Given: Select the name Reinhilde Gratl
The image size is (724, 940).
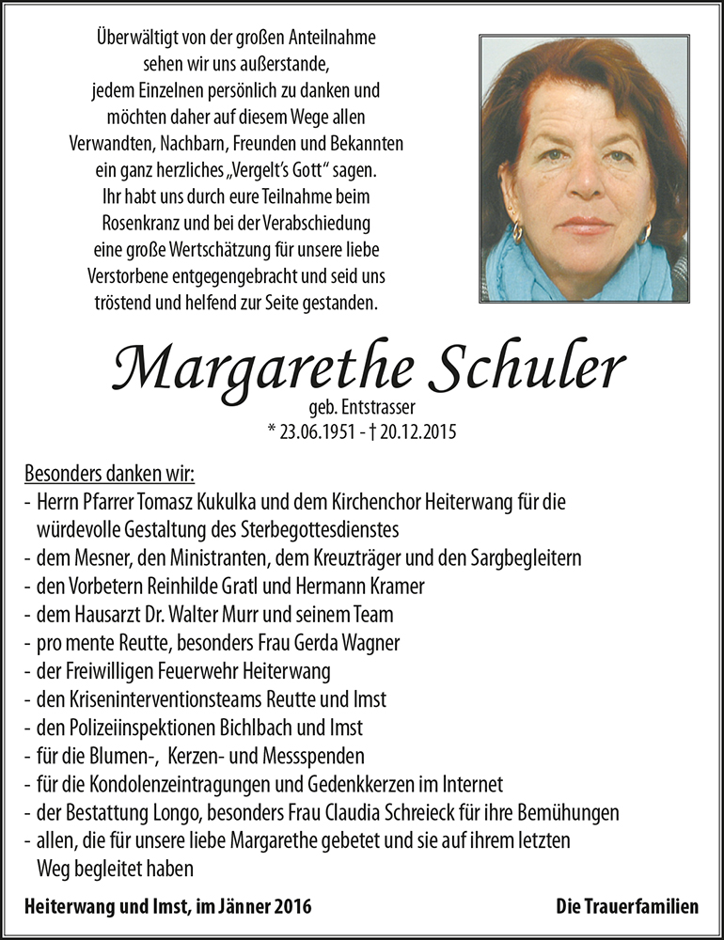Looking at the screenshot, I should coord(199,587).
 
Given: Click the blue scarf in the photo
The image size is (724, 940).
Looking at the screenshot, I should coord(564,273).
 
